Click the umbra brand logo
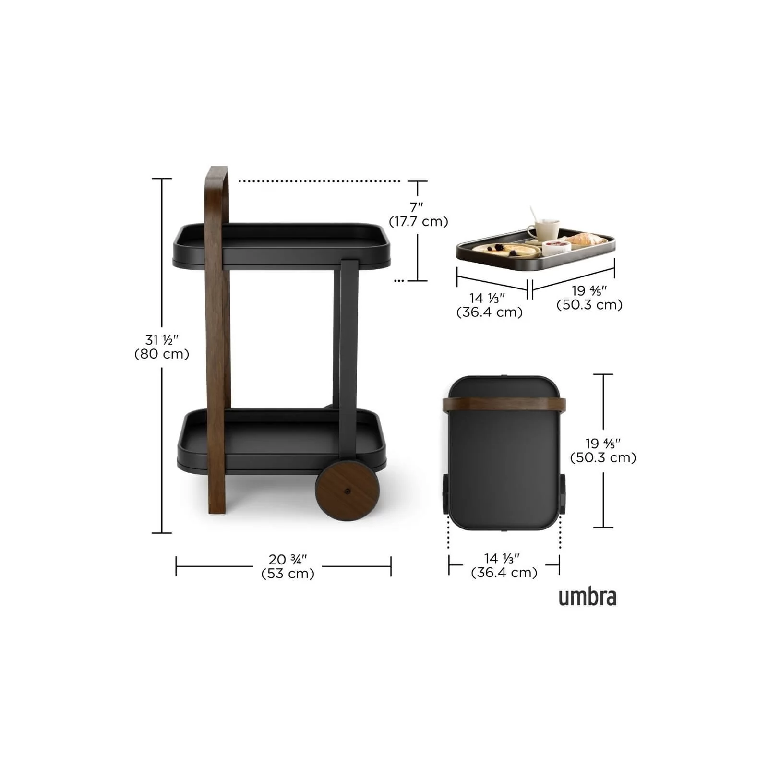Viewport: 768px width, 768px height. [588, 597]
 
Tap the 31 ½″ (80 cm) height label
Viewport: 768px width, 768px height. [162, 347]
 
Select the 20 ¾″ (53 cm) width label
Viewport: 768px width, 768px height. [288, 566]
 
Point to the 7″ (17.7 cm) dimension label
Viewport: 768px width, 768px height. [418, 214]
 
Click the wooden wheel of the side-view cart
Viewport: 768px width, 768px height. [348, 491]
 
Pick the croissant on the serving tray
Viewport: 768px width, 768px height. [585, 239]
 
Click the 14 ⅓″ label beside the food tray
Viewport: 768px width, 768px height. [489, 305]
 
